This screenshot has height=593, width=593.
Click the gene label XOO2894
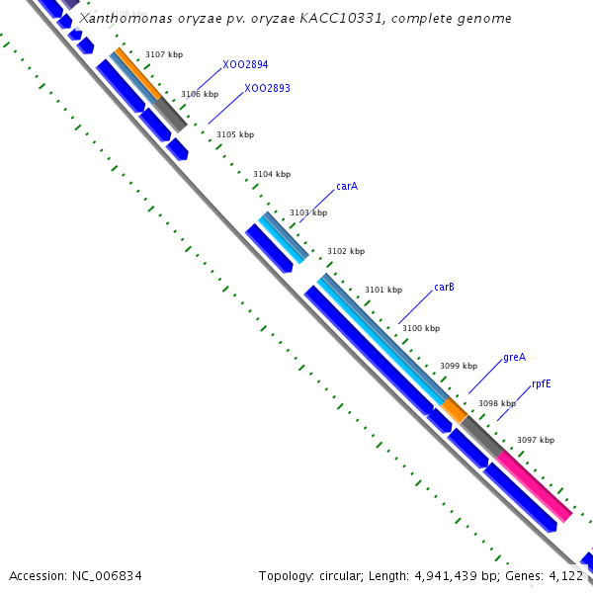(245, 64)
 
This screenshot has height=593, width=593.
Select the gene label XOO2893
(267, 89)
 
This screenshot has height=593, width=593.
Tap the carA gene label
(347, 186)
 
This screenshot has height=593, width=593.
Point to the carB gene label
(445, 288)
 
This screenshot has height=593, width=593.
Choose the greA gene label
(514, 357)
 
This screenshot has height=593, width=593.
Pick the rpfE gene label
(542, 383)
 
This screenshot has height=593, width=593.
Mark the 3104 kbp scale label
(272, 174)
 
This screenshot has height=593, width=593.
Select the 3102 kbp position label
(346, 251)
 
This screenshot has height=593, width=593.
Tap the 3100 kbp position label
(420, 328)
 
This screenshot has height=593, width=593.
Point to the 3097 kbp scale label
(536, 440)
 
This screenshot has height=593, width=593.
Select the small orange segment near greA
(454, 409)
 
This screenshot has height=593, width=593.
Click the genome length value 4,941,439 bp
(458, 575)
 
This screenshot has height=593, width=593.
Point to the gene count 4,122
(566, 575)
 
